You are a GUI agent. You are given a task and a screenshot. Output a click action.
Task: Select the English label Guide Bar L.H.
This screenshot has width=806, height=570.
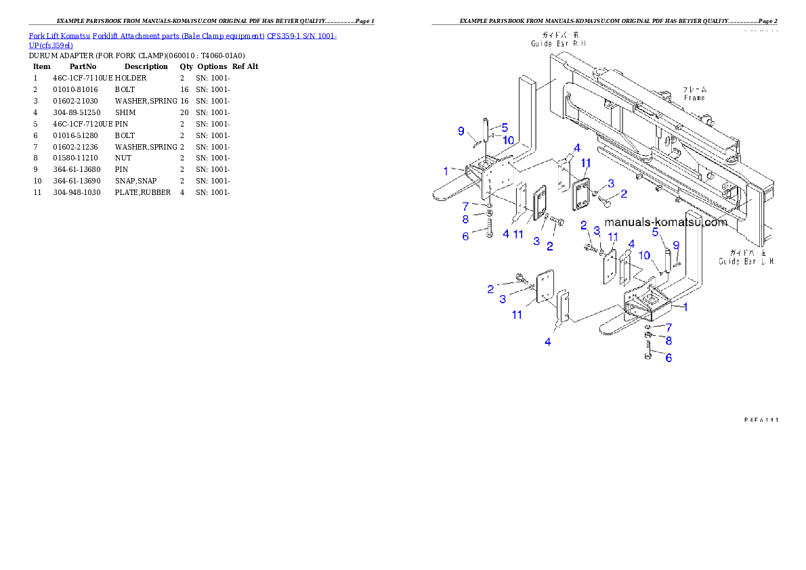(x=746, y=261)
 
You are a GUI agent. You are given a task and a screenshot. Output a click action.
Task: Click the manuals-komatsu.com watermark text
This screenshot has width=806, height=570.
(x=666, y=222)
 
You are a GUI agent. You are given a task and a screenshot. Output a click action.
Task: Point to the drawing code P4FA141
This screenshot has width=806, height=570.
(x=761, y=420)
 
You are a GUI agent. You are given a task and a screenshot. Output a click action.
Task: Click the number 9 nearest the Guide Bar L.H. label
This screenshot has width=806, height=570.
(x=675, y=245)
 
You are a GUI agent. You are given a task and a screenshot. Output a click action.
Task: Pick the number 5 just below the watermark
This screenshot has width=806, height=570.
(x=656, y=232)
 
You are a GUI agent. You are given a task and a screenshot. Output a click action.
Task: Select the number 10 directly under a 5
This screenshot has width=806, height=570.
(x=507, y=140)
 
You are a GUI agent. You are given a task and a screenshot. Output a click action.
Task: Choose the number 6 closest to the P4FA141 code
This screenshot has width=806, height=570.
(x=669, y=357)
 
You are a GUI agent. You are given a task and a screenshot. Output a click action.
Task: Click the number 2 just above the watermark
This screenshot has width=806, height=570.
(x=623, y=194)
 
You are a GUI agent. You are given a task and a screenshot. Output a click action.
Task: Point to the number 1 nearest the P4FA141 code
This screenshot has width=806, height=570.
(x=685, y=307)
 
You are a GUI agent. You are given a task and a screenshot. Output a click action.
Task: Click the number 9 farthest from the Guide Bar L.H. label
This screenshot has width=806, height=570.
(x=461, y=131)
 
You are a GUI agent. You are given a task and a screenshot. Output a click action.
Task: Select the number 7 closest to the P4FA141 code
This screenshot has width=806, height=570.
(x=669, y=327)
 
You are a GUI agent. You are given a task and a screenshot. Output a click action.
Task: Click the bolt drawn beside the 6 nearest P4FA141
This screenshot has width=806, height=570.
(x=648, y=352)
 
